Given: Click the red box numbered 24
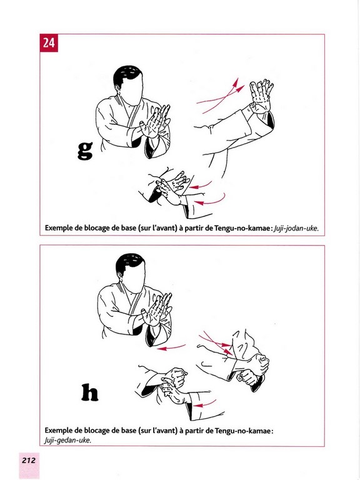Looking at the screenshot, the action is coord(49,43).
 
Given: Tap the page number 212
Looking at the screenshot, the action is coord(29,460).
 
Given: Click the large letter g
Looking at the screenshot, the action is coord(85,151).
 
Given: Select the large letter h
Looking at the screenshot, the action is coord(90,392).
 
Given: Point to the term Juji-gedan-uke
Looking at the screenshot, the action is coord(67,441).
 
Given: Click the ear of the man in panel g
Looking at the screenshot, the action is coord(118,90).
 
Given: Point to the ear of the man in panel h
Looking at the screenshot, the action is coord(121,277).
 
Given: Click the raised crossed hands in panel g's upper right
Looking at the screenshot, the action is coord(261,96).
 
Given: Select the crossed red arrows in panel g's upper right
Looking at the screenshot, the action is coord(221,96).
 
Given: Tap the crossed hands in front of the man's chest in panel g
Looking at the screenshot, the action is coord(156,122).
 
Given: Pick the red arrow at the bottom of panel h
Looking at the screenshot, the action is coord(205,404).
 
